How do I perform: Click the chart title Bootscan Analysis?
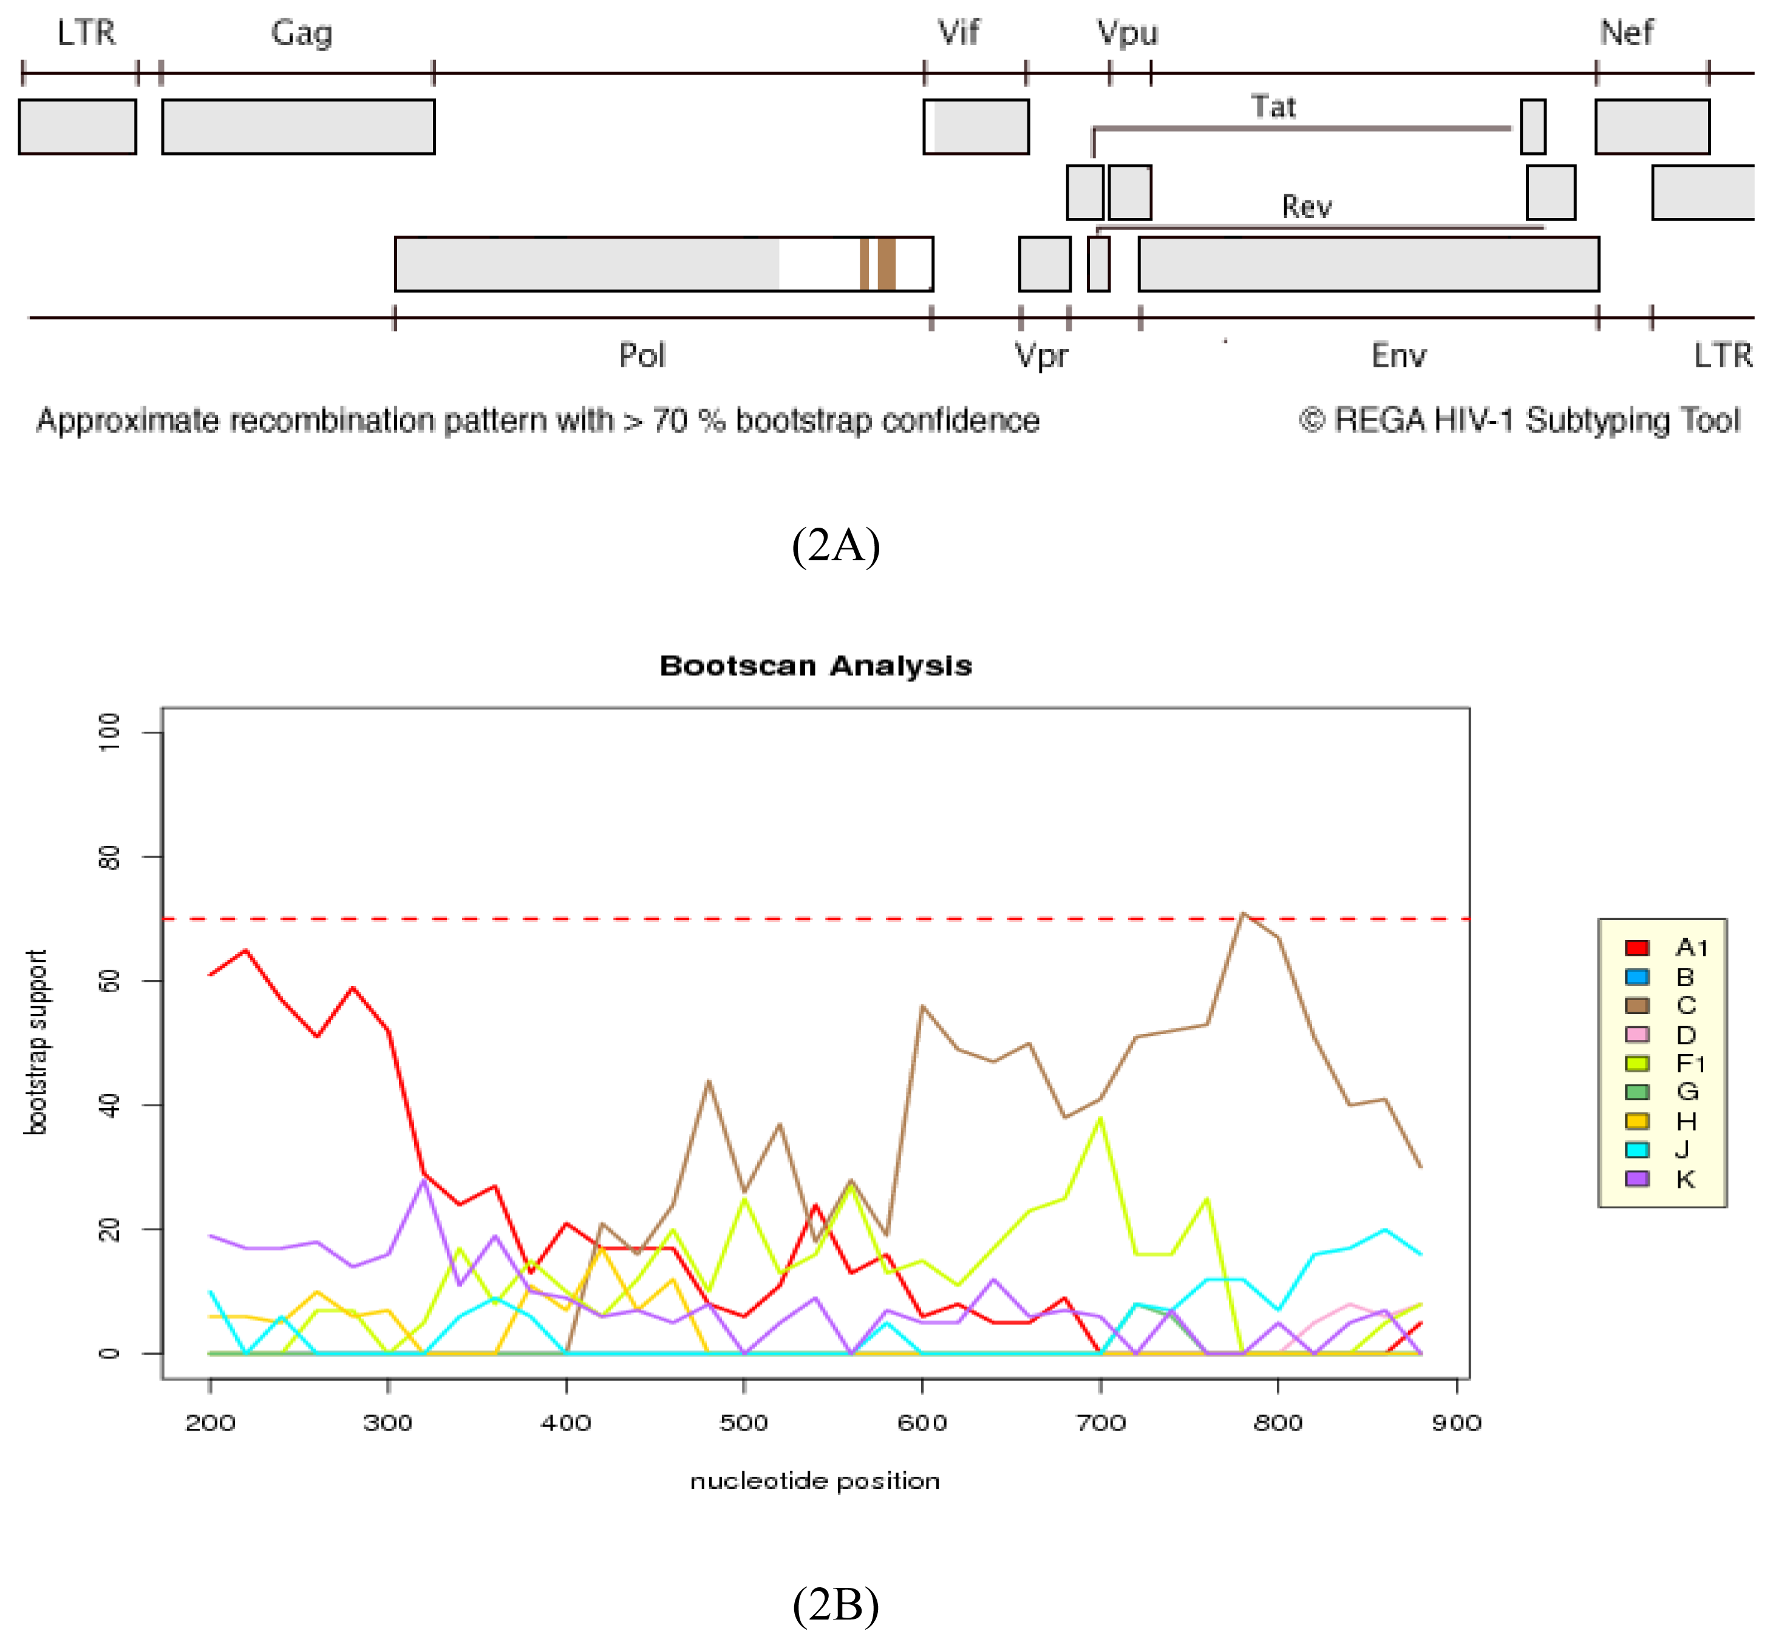815,666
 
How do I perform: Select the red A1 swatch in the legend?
1636,947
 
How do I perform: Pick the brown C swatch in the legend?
1636,1005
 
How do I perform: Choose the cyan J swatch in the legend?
1636,1149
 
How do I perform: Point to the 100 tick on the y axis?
109,732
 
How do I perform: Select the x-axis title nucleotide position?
814,1481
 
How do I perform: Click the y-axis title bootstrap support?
36,1041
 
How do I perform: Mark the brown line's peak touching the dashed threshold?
1244,913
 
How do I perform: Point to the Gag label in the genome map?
301,33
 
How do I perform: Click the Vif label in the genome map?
959,33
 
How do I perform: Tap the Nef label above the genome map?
1627,33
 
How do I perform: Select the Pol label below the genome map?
642,355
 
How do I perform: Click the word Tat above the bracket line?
1273,107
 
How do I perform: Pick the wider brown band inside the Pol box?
886,264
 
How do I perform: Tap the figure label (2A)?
835,544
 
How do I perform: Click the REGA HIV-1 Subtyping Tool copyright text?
1519,420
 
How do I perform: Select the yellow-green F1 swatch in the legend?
1636,1063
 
